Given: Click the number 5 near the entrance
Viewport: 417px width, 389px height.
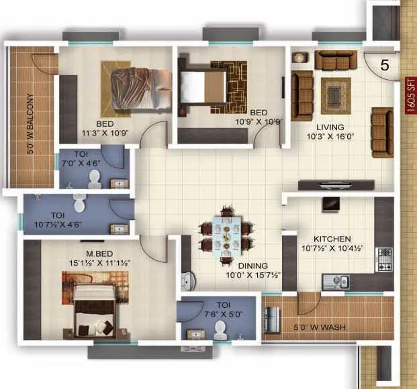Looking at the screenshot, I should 385,65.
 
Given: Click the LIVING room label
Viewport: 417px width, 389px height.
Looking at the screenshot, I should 330,127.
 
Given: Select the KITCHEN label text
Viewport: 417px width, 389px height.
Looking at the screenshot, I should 332,239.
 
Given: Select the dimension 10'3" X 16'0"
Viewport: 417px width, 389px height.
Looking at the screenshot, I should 330,136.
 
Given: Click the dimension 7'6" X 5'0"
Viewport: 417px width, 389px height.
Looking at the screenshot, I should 214,312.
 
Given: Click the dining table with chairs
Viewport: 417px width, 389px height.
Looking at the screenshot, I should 228,235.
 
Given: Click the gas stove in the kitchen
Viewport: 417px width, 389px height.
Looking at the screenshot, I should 384,259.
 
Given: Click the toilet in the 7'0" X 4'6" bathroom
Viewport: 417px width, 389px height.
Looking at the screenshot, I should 95,178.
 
